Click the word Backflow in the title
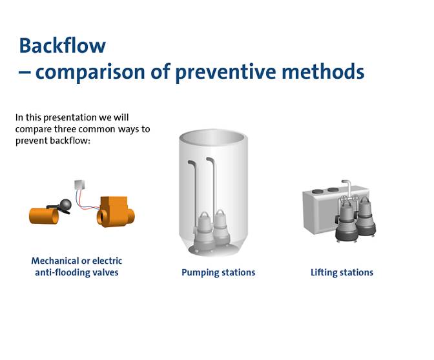pyautogui.click(x=62, y=45)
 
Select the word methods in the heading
pyautogui.click(x=325, y=71)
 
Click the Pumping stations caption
pyautogui.click(x=218, y=272)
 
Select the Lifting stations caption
pyautogui.click(x=342, y=272)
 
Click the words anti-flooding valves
pyautogui.click(x=76, y=272)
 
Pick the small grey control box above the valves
pyautogui.click(x=81, y=185)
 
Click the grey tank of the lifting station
pyautogui.click(x=320, y=213)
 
